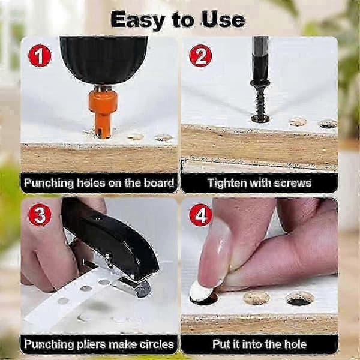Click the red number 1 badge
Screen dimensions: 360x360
click(40, 56)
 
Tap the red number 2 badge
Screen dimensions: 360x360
click(200, 56)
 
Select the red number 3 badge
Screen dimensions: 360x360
click(40, 215)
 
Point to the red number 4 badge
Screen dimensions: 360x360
click(200, 215)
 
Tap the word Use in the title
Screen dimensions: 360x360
click(223, 20)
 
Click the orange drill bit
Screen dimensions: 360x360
click(103, 113)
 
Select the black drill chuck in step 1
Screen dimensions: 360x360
click(104, 60)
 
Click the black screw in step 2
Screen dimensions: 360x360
click(260, 101)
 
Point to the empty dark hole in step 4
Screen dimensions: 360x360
click(300, 298)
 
